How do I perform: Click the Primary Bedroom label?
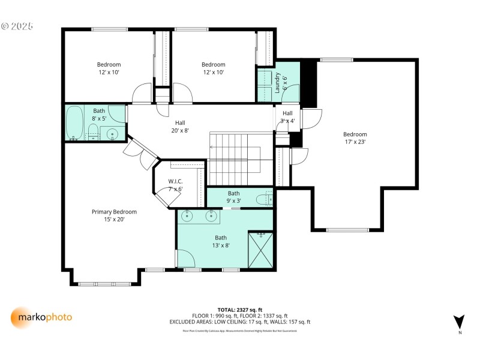pyautogui.click(x=114, y=212)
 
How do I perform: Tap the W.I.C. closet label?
pyautogui.click(x=175, y=181)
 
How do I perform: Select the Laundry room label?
pyautogui.click(x=277, y=81)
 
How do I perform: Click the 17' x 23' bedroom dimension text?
pyautogui.click(x=355, y=142)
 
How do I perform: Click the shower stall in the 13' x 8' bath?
pyautogui.click(x=260, y=249)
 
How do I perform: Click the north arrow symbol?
pyautogui.click(x=459, y=322)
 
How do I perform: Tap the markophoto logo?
pyautogui.click(x=41, y=317)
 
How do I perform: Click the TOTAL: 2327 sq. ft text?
pyautogui.click(x=239, y=310)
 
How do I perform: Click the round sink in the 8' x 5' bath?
pyautogui.click(x=112, y=133)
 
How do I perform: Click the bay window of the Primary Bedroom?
pyautogui.click(x=105, y=283)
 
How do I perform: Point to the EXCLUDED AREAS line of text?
pyautogui.click(x=239, y=322)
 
